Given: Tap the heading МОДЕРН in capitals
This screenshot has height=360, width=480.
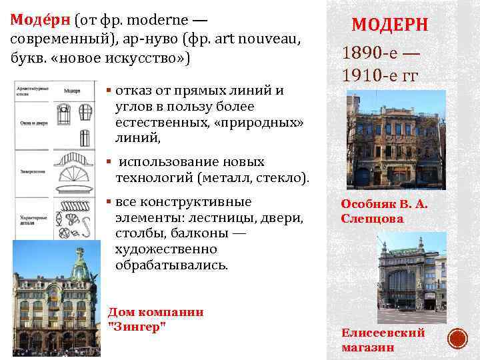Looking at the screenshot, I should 390,25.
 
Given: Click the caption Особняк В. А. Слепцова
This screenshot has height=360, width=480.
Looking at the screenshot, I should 384,211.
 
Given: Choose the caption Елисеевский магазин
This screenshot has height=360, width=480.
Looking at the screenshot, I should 383,339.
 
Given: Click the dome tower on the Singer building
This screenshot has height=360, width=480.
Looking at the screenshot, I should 81,267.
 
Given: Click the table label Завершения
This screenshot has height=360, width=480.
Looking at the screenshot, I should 31,171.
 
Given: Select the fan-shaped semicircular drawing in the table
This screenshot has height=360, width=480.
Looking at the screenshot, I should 77,175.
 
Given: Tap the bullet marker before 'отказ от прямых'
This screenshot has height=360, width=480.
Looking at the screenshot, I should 109,89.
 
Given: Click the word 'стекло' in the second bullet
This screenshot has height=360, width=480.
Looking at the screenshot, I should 283,177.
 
